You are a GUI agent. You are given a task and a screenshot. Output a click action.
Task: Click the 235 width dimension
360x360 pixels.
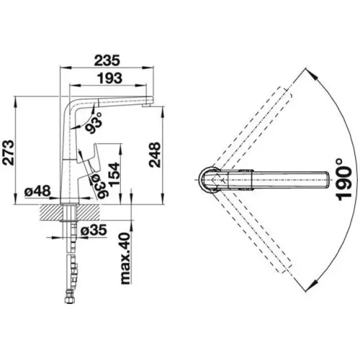(107, 60)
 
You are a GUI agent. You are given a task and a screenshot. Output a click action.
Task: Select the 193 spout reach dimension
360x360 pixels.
(109, 78)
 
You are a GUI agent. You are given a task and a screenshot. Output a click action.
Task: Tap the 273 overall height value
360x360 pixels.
(9, 152)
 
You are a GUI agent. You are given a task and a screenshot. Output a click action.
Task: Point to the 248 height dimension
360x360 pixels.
(154, 155)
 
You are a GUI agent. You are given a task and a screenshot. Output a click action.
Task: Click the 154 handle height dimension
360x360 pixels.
(114, 174)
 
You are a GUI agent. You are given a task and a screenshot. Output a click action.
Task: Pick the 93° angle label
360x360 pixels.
(94, 122)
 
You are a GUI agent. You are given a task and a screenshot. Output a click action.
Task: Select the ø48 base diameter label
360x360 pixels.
(37, 192)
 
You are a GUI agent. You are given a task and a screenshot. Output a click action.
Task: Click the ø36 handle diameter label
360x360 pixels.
(98, 186)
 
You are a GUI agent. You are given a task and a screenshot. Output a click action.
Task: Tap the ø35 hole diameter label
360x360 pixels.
(94, 231)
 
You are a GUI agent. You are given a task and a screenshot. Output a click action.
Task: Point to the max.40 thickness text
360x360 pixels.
(125, 258)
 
